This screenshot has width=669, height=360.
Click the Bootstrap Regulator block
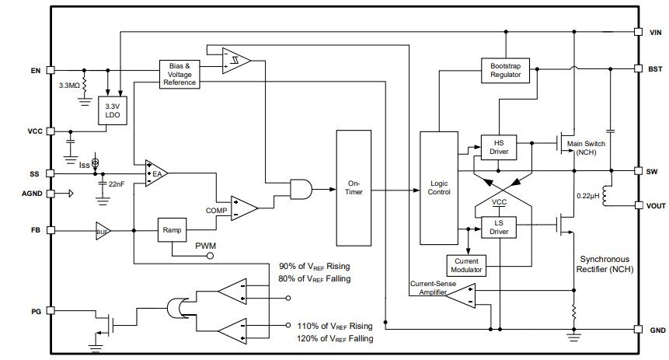click(x=505, y=71)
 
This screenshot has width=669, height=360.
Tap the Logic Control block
click(x=439, y=187)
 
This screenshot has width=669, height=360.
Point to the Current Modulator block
click(x=466, y=264)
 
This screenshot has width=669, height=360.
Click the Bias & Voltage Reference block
click(x=179, y=74)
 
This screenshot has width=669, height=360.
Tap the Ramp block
click(x=171, y=230)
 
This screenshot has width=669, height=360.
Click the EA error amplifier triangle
click(x=158, y=173)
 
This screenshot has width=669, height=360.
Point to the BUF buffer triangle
click(x=103, y=231)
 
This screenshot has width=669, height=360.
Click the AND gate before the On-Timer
click(x=301, y=187)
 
